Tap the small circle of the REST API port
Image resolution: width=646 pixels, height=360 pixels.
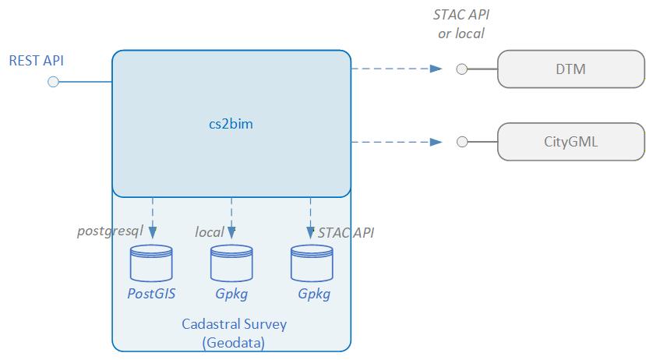point(53,82)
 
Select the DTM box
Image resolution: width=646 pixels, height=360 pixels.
point(570,69)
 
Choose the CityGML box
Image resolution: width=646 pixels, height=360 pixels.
point(570,142)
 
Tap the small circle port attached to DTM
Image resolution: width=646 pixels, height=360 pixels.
point(462,69)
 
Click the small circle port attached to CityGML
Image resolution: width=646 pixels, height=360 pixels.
point(462,142)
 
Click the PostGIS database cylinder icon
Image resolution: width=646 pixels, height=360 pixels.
point(152,263)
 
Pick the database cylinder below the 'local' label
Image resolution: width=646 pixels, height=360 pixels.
point(231,263)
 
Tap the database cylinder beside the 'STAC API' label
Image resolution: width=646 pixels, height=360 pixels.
point(311,263)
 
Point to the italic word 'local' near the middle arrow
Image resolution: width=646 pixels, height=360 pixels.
point(209,231)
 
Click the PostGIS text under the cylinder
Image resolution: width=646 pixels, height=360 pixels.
point(152,294)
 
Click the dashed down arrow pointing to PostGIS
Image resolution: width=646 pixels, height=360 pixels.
point(152,217)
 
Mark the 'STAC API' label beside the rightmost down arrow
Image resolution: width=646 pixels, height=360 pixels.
point(345,231)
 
